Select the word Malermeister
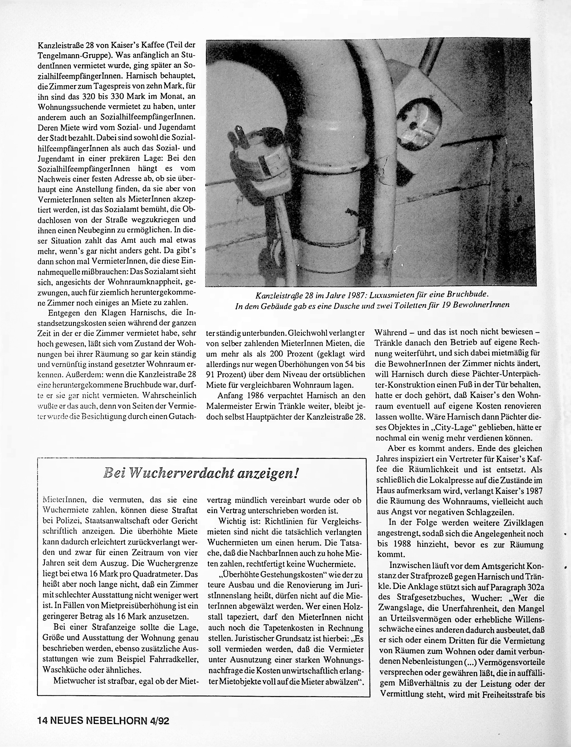tap(231, 406)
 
